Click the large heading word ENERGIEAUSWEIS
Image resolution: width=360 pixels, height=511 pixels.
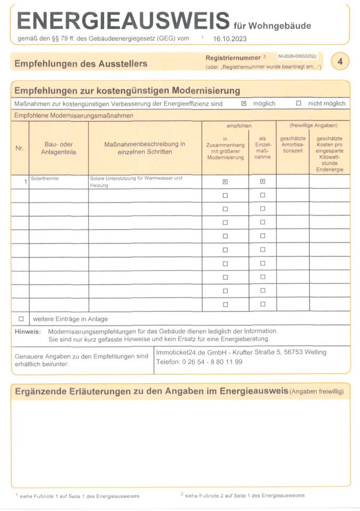coord(122,21)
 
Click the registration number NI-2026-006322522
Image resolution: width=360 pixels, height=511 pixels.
coord(297,56)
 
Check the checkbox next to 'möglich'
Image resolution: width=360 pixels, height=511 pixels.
coord(244,104)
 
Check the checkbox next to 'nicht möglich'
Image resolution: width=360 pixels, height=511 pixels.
coord(299,104)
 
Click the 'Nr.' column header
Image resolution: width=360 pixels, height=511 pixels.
coord(20,148)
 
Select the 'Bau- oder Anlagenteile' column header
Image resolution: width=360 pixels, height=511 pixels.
coord(59,148)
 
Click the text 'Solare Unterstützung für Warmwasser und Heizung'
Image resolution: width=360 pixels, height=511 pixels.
coord(136,182)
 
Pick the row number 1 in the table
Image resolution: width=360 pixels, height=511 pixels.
coord(25,182)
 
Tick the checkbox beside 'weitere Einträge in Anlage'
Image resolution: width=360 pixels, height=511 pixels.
coord(21,319)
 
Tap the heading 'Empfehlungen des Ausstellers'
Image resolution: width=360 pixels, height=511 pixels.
coord(81,64)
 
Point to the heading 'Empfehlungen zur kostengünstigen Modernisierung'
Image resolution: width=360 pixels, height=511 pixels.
coord(127,90)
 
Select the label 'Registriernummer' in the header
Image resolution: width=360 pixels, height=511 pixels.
coord(233,57)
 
